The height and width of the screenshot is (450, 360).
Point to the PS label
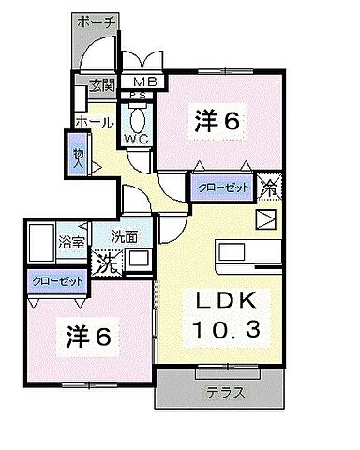[x=138, y=96]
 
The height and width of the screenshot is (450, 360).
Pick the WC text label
[x=138, y=139]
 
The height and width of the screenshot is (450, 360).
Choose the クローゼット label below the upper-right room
[x=224, y=187]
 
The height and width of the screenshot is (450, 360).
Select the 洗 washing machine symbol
[x=109, y=263]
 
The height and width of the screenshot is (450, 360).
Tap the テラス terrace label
[x=226, y=392]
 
